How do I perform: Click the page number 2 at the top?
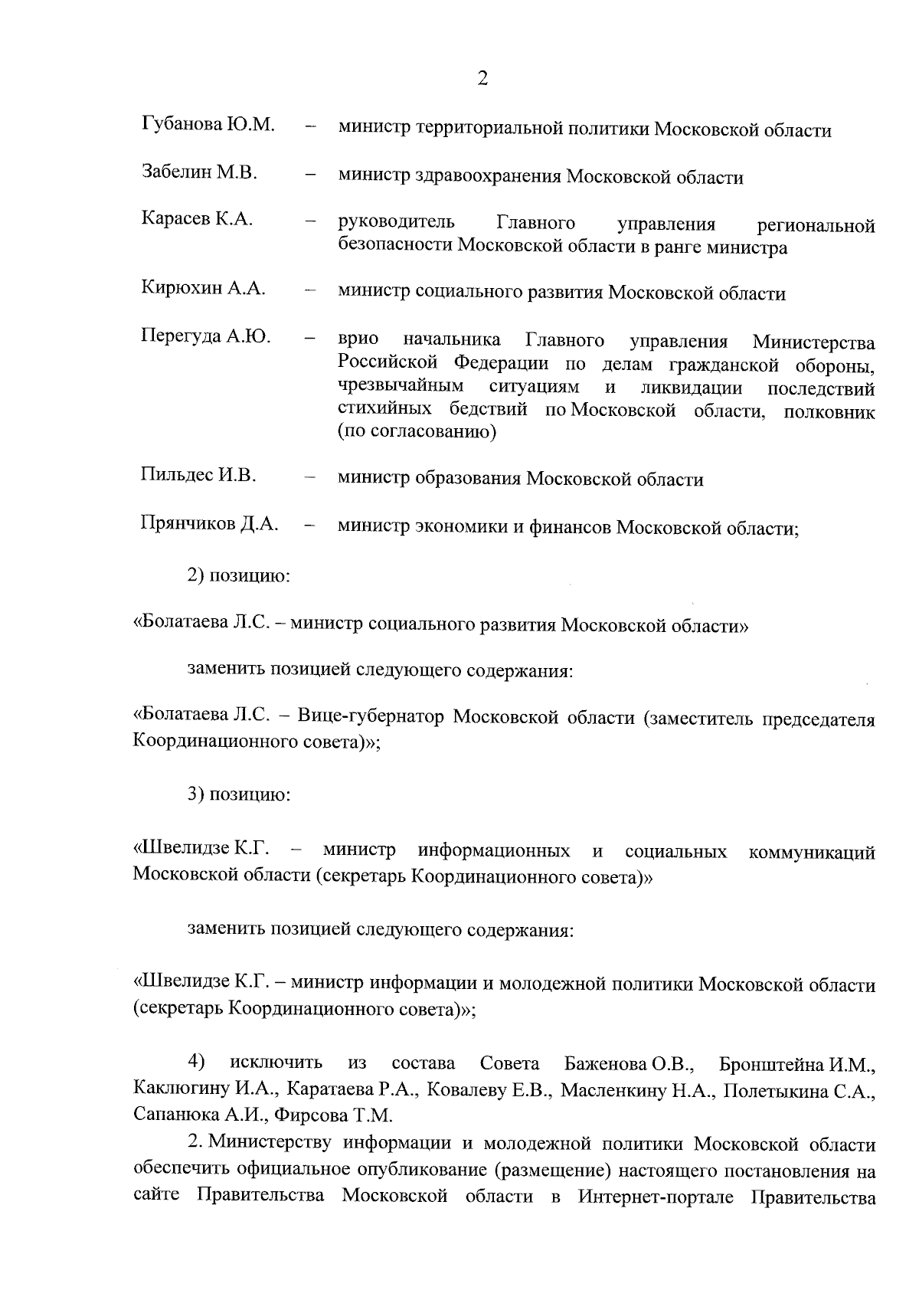point(482,78)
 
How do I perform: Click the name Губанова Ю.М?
point(208,124)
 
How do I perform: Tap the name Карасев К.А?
point(197,219)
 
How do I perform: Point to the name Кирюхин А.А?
point(203,288)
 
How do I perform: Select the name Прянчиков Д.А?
point(209,523)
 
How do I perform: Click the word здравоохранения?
point(487,178)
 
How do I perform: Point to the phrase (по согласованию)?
point(417,433)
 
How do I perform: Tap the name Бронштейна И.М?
point(797,1065)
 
